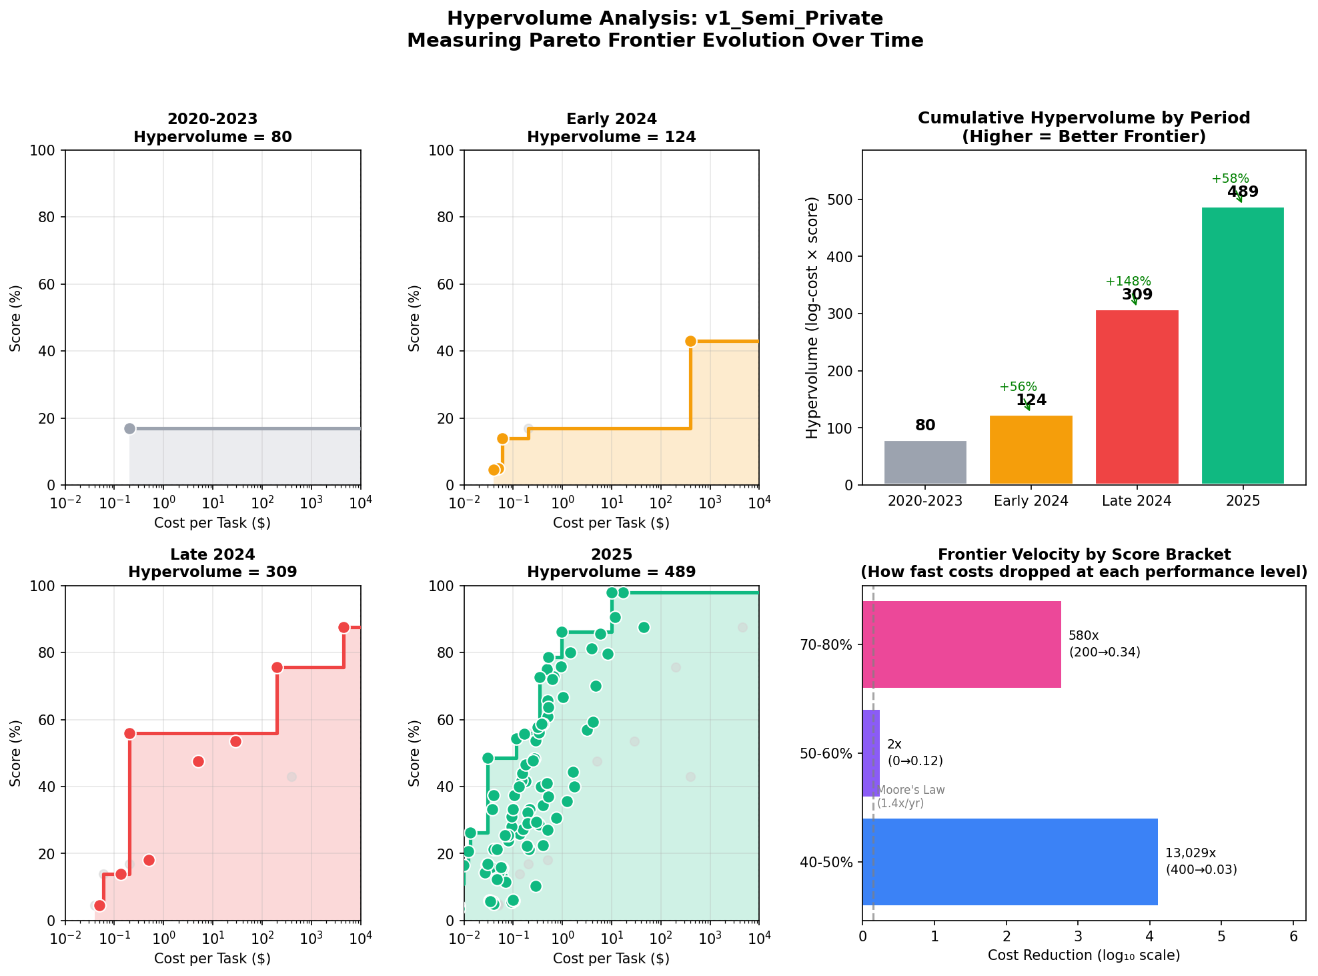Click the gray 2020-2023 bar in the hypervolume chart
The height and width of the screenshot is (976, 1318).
pos(925,462)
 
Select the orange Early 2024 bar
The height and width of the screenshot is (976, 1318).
pos(1031,450)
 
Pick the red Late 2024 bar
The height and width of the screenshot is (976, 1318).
pos(1137,397)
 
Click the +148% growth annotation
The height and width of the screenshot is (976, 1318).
pos(1128,282)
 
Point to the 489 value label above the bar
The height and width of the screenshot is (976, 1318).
pos(1243,192)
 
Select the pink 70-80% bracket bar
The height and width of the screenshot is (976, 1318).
pos(961,644)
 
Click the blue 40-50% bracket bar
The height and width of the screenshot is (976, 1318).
pos(1009,862)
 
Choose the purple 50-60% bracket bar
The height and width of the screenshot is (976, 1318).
pos(871,753)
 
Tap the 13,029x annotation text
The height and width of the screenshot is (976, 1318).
pos(1191,853)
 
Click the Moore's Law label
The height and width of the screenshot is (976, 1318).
pos(910,791)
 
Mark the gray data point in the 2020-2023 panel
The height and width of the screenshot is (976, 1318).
pos(130,428)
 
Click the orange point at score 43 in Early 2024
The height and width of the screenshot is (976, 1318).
pos(690,342)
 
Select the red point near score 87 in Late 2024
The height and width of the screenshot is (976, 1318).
pos(344,627)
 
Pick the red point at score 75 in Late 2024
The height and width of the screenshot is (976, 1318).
pos(277,667)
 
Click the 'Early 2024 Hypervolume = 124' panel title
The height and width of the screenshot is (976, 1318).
pos(611,128)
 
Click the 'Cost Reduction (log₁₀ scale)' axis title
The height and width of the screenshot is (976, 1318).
pos(1083,955)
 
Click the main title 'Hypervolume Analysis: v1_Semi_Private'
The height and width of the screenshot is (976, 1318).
pos(664,19)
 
